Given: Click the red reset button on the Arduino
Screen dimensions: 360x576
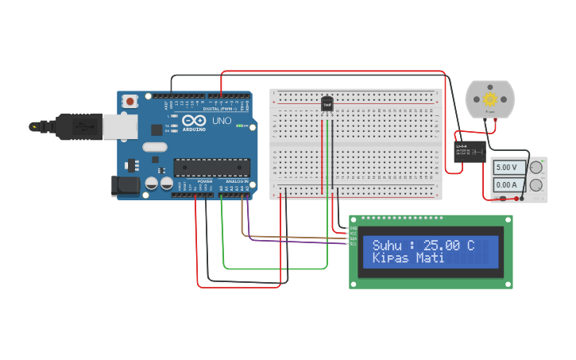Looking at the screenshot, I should tap(130, 101).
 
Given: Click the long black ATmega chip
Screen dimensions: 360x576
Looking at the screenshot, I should tap(212, 168).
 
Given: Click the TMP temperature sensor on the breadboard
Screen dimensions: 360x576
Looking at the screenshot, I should tap(327, 103).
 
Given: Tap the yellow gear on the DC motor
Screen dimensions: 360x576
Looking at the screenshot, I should tap(490, 99).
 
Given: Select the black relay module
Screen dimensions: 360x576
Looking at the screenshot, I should tap(470, 151).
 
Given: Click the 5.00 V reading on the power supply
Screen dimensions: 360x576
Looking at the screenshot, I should tap(506, 168).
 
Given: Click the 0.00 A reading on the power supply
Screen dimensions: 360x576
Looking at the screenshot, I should tap(506, 185).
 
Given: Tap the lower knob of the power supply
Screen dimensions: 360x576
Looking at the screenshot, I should tap(536, 185).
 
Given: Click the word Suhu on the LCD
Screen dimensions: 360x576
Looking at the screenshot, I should tap(388, 246).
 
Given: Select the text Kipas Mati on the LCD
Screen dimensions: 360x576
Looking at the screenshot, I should tap(408, 259).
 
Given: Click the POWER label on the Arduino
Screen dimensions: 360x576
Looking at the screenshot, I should tap(205, 182).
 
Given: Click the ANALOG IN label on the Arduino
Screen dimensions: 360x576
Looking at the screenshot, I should tap(237, 182).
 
